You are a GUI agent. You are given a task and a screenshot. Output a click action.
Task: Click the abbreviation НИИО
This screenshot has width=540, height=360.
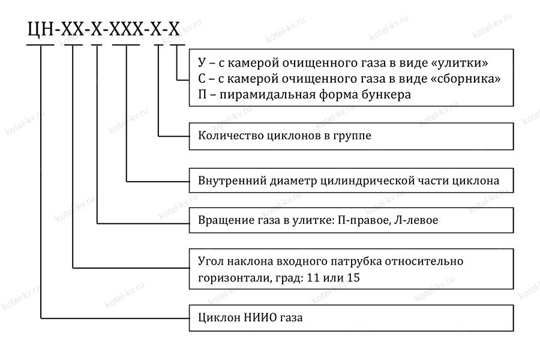coord(259,317)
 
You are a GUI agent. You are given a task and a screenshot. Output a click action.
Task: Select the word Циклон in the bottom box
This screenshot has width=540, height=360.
coord(217,317)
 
